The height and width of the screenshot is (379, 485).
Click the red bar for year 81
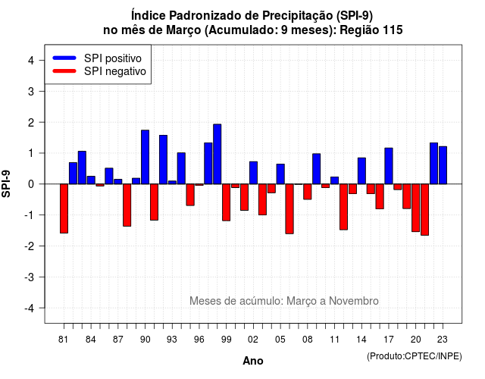pos(64,208)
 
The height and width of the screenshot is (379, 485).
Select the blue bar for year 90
pos(145,157)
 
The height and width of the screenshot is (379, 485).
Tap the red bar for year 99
pos(226,202)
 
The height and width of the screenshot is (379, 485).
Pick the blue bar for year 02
pos(253,173)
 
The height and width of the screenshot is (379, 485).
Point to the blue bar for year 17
pos(389,166)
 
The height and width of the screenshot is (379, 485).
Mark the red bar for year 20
pos(416,208)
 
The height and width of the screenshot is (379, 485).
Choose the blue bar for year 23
pos(443,165)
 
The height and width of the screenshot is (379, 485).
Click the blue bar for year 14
pos(361,171)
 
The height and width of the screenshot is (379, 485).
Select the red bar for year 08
pos(308,192)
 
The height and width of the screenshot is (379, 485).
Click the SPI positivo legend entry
pos(97,58)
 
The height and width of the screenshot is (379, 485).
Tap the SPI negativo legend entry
pos(99,71)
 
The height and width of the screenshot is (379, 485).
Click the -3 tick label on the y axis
pos(30,277)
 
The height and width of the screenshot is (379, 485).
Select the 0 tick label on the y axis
pos(31,184)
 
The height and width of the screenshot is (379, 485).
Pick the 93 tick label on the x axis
pos(172,340)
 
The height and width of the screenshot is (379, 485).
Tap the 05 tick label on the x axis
pos(280,340)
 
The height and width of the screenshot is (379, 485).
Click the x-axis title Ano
pos(253,361)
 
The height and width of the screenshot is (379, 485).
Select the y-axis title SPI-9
pos(6,184)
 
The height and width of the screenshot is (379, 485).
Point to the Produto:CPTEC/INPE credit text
pos(415,356)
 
